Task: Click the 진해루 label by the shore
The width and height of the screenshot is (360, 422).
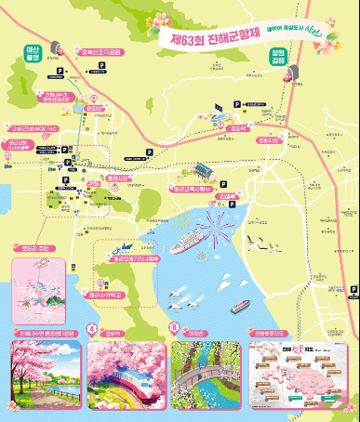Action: [x=229, y=197]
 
